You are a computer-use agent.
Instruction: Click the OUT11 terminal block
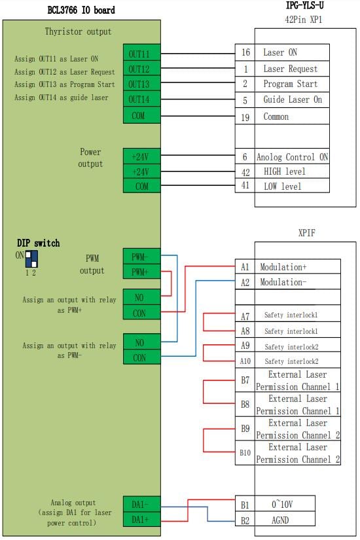click(x=141, y=54)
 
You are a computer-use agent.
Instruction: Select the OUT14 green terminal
click(x=141, y=99)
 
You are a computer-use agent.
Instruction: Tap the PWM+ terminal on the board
click(x=141, y=272)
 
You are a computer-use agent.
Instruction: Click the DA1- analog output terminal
click(x=141, y=504)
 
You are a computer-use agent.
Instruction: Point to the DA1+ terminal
click(x=141, y=519)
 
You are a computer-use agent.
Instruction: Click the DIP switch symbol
click(x=31, y=259)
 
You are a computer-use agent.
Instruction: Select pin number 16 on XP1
click(x=245, y=52)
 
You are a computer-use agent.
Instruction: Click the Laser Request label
click(x=290, y=69)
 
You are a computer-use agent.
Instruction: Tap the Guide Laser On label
click(x=293, y=99)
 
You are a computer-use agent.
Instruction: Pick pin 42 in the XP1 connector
click(x=245, y=172)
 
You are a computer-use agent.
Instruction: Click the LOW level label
click(x=283, y=187)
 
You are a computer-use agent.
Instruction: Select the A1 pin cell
click(x=245, y=267)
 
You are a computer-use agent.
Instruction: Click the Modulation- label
click(x=283, y=282)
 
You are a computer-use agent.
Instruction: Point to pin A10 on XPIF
click(x=245, y=361)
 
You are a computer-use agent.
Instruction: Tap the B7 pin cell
click(x=245, y=380)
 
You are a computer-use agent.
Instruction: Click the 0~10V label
click(x=282, y=504)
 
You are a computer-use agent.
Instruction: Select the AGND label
click(x=280, y=520)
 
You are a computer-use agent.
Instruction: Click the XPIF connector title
click(x=306, y=233)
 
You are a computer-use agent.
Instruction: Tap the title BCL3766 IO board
click(x=81, y=10)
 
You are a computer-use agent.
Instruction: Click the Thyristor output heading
click(x=78, y=31)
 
